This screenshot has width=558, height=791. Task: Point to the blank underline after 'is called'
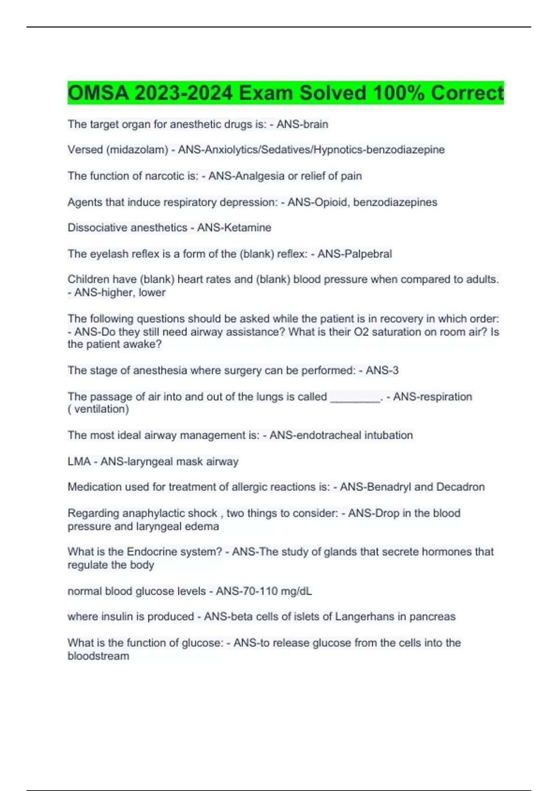click(x=355, y=397)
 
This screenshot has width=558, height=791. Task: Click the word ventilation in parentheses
click(x=100, y=409)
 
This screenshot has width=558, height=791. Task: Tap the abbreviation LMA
click(x=79, y=462)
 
